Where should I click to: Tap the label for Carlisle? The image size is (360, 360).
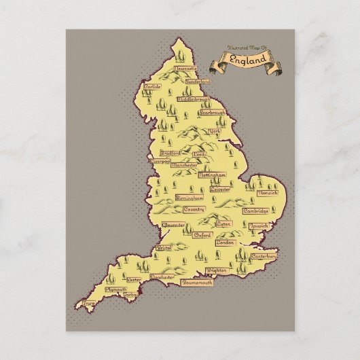tap(154, 87)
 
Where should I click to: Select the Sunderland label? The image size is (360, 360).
tap(198, 82)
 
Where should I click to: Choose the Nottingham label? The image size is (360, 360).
tap(211, 175)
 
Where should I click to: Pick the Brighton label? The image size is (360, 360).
tap(216, 270)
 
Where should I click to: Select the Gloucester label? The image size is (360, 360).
tap(173, 223)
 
